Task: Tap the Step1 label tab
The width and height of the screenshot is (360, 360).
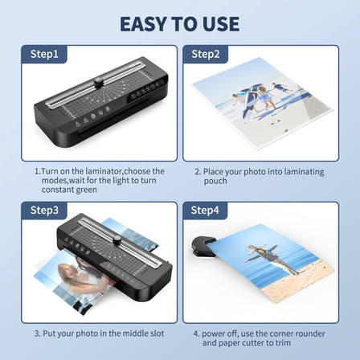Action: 44,54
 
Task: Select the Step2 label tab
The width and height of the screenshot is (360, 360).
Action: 205,54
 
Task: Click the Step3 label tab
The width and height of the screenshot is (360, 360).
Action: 44,211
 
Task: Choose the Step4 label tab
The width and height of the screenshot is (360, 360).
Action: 205,211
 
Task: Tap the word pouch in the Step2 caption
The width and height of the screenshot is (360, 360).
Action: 216,181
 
